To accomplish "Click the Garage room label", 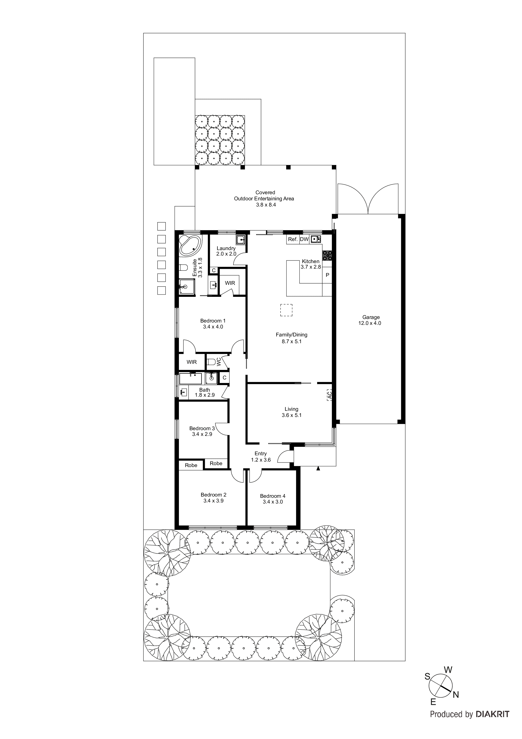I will (x=371, y=317).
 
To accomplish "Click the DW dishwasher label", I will (x=304, y=239).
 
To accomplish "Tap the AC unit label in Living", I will (x=329, y=395).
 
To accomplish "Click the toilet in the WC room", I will (x=211, y=362).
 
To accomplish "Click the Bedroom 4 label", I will (x=272, y=496).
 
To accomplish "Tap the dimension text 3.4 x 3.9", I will (x=213, y=501).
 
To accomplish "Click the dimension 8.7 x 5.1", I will (x=291, y=341).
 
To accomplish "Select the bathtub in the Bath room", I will (x=190, y=379).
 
